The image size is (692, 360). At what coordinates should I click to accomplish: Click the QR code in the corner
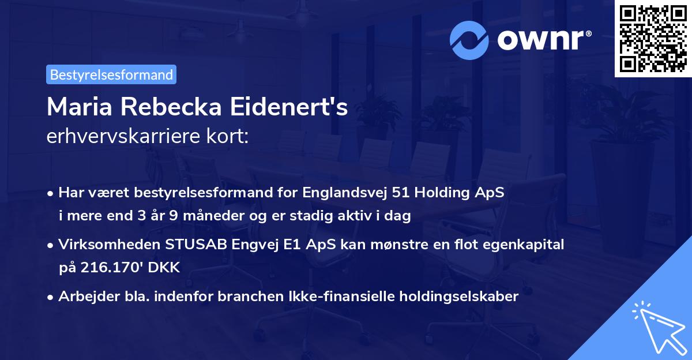652,39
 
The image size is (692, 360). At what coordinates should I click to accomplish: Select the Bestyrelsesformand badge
111,74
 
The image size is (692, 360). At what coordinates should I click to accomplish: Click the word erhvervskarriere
121,137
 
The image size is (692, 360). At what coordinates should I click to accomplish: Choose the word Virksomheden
101,244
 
